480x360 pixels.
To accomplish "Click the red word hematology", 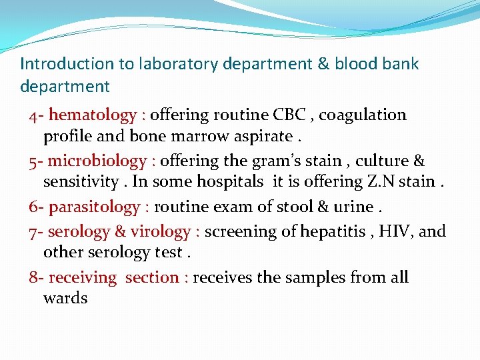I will click(x=92, y=115).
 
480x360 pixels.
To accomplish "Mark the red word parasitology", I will click(x=93, y=207).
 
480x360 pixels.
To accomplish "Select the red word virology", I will click(x=160, y=232).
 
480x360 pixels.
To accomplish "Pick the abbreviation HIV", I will click(x=397, y=232).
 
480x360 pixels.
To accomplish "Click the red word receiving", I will click(x=83, y=277).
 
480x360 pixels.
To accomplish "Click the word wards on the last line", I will click(x=65, y=298).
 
